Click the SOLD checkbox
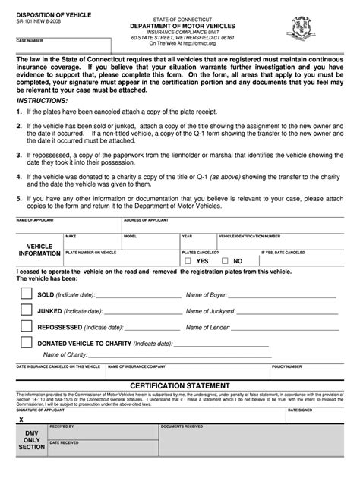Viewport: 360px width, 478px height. (25, 294)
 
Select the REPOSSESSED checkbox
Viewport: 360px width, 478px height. (25, 327)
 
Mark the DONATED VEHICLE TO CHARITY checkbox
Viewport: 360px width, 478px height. (25, 344)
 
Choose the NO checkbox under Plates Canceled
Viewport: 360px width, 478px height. (223, 260)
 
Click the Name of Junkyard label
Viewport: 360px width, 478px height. (211, 310)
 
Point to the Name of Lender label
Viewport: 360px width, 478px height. (208, 327)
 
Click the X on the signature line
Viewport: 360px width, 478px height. (21, 418)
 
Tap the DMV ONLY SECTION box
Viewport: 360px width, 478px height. (32, 439)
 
